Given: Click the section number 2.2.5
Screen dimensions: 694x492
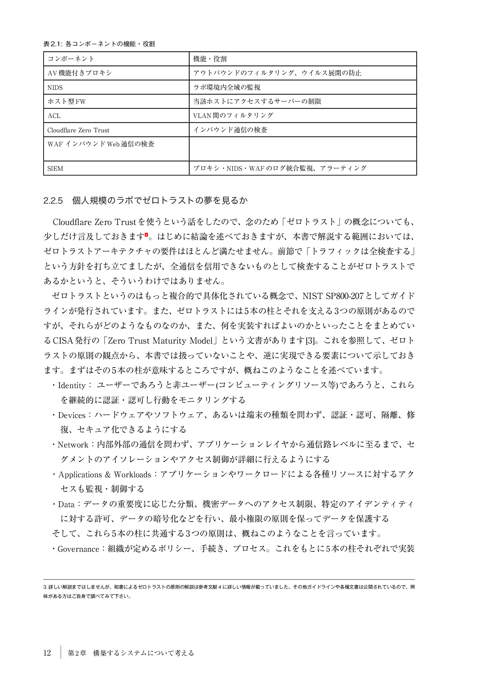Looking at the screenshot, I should pyautogui.click(x=53, y=201).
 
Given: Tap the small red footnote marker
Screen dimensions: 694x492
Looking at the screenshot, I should pyautogui.click(x=146, y=235).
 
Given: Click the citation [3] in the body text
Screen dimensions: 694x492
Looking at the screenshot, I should pyautogui.click(x=310, y=341).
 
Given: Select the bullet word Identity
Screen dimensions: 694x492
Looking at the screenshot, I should pyautogui.click(x=71, y=385).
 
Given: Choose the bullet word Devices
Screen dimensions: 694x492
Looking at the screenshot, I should pyautogui.click(x=71, y=415).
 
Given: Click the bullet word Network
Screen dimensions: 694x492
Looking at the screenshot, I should pyautogui.click(x=73, y=445).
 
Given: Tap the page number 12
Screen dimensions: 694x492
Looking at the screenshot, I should pyautogui.click(x=47, y=653).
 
